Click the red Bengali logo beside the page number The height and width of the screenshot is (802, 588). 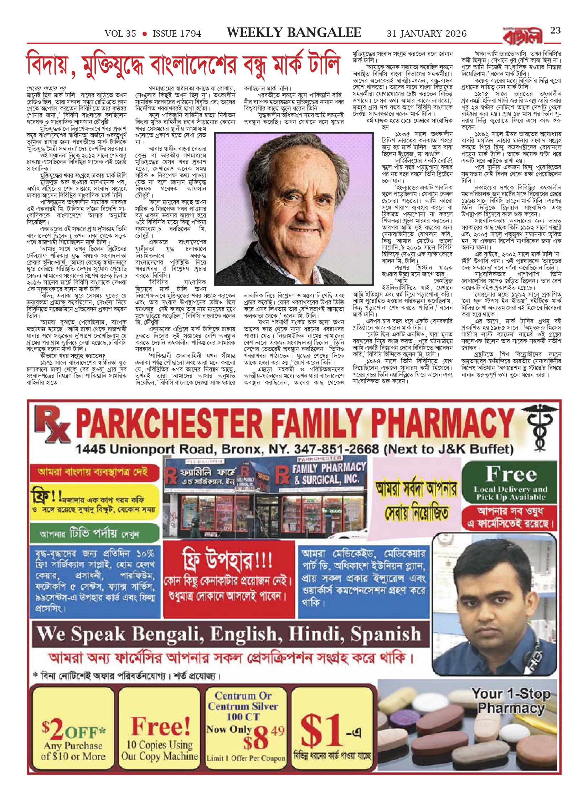(523, 36)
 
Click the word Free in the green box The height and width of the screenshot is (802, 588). (511, 474)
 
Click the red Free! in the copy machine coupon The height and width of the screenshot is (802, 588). (161, 726)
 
